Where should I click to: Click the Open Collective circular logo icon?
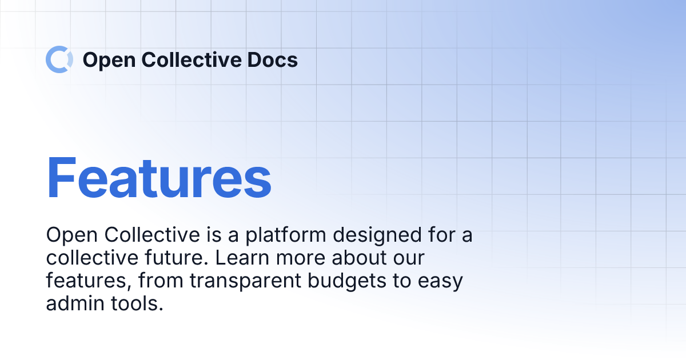tap(59, 59)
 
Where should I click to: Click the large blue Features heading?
tap(159, 178)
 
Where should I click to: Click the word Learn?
tap(242, 258)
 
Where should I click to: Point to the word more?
tap(302, 258)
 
